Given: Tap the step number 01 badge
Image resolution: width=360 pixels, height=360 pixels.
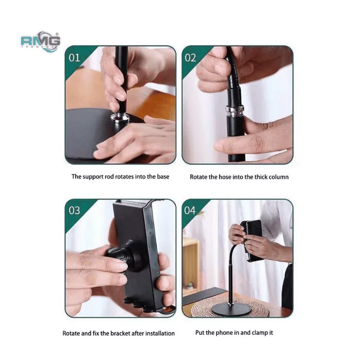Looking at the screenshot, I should [x=74, y=58].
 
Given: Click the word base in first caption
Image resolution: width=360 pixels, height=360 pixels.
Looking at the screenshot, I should [x=162, y=176].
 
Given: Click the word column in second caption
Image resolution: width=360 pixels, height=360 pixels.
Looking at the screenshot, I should [x=279, y=177].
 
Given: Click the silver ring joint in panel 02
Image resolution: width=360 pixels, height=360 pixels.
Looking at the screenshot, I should [x=235, y=109].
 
